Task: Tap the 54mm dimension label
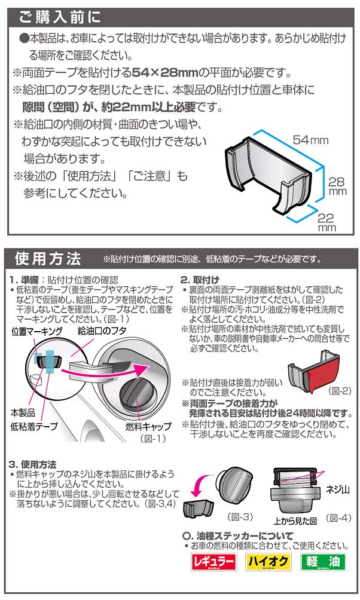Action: pyautogui.click(x=310, y=140)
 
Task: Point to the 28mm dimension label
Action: pyautogui.click(x=338, y=187)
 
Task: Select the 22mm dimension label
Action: pyautogui.click(x=326, y=222)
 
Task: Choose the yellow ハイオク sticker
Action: pyautogui.click(x=268, y=562)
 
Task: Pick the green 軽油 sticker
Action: pyautogui.click(x=323, y=562)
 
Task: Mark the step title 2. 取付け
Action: pyautogui.click(x=200, y=280)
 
